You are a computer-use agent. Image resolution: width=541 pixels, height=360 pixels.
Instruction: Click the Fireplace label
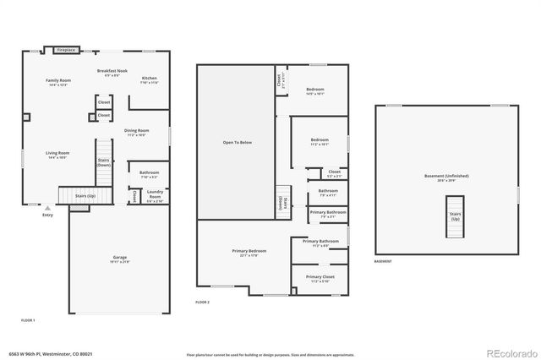click(x=66, y=51)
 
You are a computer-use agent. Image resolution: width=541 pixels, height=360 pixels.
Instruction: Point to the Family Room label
click(x=58, y=82)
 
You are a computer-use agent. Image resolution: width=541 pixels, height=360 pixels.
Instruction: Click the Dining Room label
click(x=137, y=132)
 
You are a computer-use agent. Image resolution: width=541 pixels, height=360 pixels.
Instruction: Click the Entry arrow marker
click(x=47, y=207)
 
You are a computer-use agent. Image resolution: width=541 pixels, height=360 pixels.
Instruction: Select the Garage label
click(x=120, y=259)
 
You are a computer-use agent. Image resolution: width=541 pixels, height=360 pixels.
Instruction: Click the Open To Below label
click(x=237, y=142)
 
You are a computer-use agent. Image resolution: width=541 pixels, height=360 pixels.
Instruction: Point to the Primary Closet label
click(x=320, y=278)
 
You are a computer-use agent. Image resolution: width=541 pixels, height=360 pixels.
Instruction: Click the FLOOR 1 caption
click(x=29, y=320)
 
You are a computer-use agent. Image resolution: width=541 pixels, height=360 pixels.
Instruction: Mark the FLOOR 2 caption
click(x=203, y=302)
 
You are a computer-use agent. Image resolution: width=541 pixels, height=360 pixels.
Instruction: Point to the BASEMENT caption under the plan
click(x=383, y=261)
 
